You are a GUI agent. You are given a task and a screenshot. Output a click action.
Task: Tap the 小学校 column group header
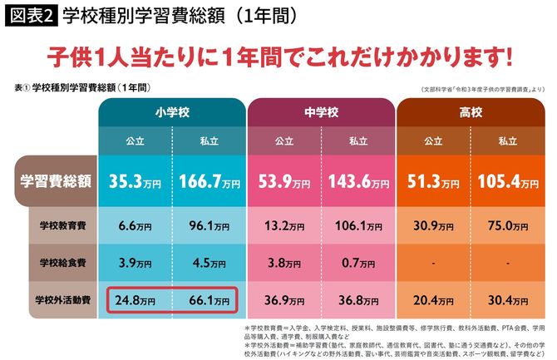(x=170, y=111)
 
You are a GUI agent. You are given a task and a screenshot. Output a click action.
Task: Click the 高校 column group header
(x=470, y=111)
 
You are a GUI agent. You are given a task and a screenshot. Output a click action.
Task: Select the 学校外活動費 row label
(x=58, y=299)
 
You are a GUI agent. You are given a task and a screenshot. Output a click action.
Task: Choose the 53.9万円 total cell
(x=283, y=179)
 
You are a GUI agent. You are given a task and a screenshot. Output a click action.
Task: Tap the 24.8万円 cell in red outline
(x=136, y=299)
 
